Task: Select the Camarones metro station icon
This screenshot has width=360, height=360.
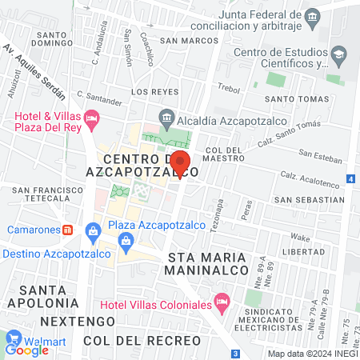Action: tap(68, 230)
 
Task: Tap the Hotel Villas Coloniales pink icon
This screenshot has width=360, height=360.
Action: tap(222, 304)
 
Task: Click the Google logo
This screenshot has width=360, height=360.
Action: tap(28, 349)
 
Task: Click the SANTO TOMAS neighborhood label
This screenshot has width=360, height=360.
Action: tap(291, 99)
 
